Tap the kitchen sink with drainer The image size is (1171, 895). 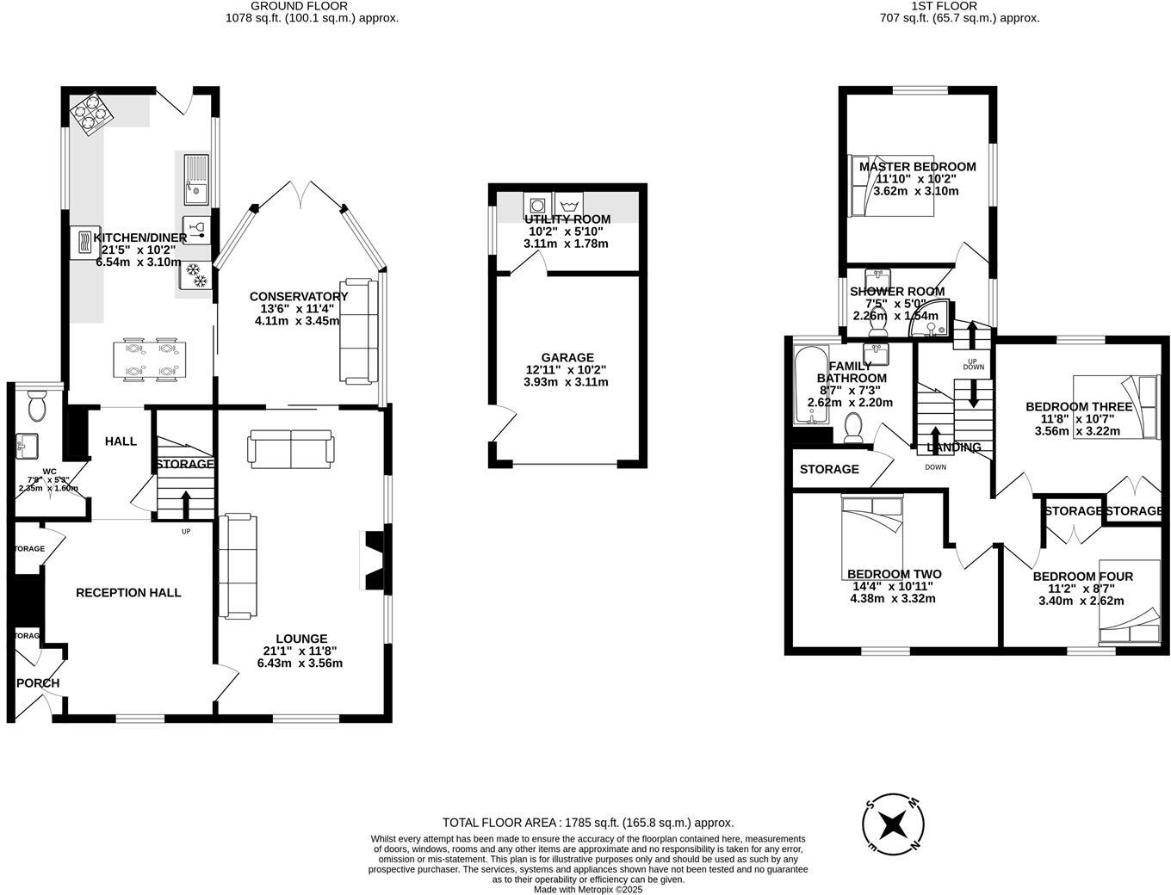point(195,178)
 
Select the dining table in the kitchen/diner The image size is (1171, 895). point(148,361)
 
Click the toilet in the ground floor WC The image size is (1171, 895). point(37,405)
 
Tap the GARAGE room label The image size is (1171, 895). point(567,358)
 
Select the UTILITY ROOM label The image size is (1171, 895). point(567,219)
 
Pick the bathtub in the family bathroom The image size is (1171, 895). point(809,386)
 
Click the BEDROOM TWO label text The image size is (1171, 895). point(894,574)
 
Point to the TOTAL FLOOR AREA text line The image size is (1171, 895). point(588,823)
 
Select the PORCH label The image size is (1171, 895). point(38,683)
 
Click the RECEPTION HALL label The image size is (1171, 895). point(128,593)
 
